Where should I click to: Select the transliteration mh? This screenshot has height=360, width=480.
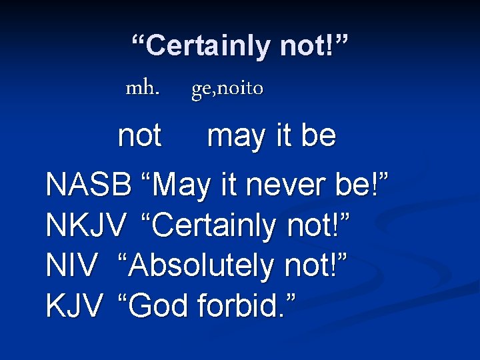[143, 87]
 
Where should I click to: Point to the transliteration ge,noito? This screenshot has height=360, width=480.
[227, 88]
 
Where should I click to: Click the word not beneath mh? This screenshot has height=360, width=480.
[139, 136]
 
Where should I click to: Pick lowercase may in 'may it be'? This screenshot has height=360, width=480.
[233, 137]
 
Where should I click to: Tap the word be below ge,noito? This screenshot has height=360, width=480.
[319, 136]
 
